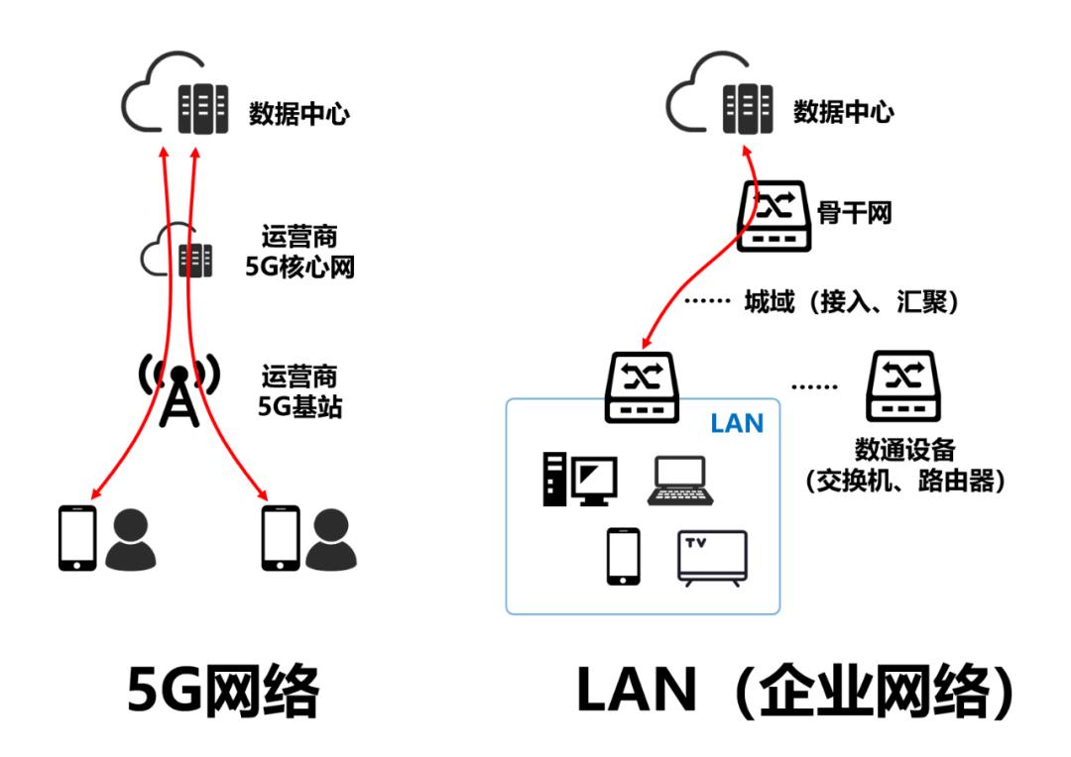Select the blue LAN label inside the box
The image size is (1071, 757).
tap(737, 424)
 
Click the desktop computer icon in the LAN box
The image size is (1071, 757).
tap(578, 480)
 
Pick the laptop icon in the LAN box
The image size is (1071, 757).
tap(677, 482)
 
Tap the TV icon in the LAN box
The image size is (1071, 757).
tap(713, 560)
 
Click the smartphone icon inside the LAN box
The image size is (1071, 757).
tap(623, 558)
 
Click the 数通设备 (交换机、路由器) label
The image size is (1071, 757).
tap(903, 466)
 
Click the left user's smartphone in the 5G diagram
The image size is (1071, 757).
tap(77, 538)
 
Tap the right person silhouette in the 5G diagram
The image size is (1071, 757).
tap(330, 541)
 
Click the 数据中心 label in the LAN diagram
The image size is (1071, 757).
tap(843, 111)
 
